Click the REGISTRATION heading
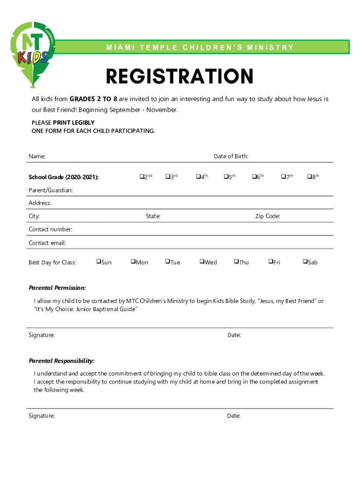tap(180, 77)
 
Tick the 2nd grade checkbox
tap(141, 177)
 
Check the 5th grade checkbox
tap(225, 177)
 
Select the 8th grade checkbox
tap(309, 177)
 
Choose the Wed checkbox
tap(202, 261)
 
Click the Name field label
tap(37, 156)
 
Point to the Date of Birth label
tap(231, 156)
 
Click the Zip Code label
tap(267, 216)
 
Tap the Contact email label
tap(47, 243)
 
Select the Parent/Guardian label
tap(50, 190)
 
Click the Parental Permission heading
tap(57, 288)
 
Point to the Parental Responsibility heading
tap(61, 361)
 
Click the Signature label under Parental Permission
tap(42, 335)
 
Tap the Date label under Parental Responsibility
tap(234, 415)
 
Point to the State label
tap(153, 216)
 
